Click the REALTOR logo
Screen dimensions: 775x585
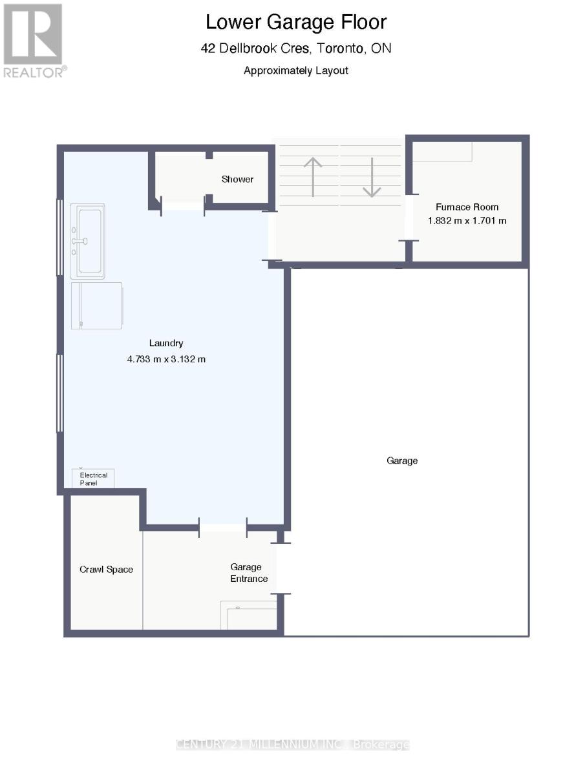tap(34, 40)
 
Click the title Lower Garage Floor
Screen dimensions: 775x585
tap(296, 22)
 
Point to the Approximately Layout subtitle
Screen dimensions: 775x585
tap(296, 70)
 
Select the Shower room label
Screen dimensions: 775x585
tap(237, 179)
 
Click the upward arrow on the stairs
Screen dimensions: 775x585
tap(313, 176)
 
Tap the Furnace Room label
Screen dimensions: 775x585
tap(467, 207)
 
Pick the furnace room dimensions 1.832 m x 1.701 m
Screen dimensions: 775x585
tap(467, 220)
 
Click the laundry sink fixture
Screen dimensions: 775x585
tap(88, 241)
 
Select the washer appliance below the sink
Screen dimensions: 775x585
tap(97, 305)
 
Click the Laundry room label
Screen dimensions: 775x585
tap(166, 344)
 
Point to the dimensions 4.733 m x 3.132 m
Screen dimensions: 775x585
tap(166, 358)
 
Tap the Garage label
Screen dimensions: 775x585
tap(402, 460)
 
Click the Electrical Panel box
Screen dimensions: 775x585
tap(93, 479)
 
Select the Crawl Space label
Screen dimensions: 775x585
tap(106, 569)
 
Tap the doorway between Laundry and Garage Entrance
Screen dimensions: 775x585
tap(222, 528)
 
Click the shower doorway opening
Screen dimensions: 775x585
tap(183, 205)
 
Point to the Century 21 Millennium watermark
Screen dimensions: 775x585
tap(293, 745)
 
